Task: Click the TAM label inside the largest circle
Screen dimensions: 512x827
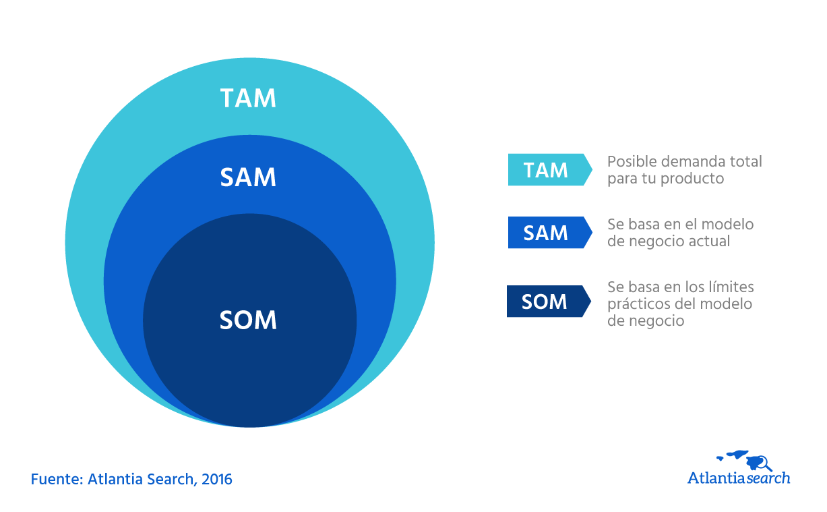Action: tap(248, 98)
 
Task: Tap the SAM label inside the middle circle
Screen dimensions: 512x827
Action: tap(248, 177)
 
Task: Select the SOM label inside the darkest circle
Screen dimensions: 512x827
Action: tap(248, 320)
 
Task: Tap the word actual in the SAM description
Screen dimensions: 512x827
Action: tap(710, 241)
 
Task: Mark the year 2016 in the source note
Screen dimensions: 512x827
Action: tap(216, 480)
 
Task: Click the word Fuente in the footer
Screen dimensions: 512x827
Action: tap(55, 480)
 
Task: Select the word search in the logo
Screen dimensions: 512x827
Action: tap(768, 478)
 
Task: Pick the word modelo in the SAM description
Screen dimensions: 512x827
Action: tap(731, 224)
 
